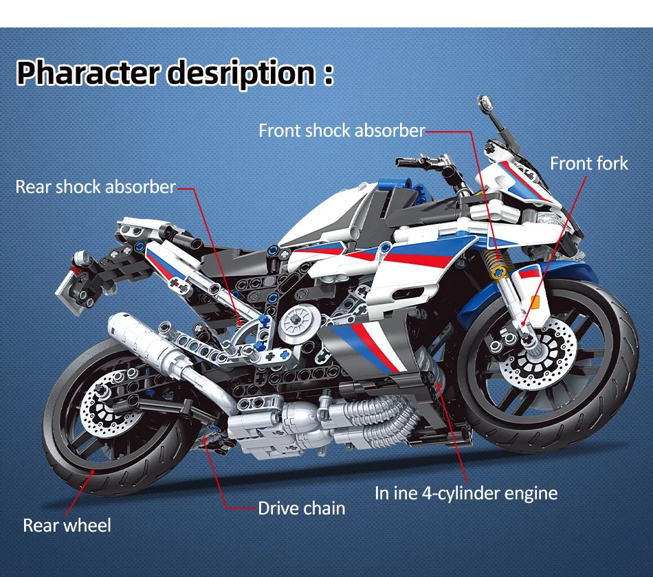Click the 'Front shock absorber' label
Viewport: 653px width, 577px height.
point(342,131)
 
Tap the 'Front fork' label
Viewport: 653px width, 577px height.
point(588,163)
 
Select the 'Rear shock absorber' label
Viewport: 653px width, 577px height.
point(96,187)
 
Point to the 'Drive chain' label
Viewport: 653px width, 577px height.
point(301,508)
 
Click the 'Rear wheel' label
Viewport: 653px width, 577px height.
point(67,525)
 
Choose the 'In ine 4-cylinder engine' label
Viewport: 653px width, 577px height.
point(466,493)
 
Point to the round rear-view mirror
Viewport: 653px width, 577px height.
point(487,103)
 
